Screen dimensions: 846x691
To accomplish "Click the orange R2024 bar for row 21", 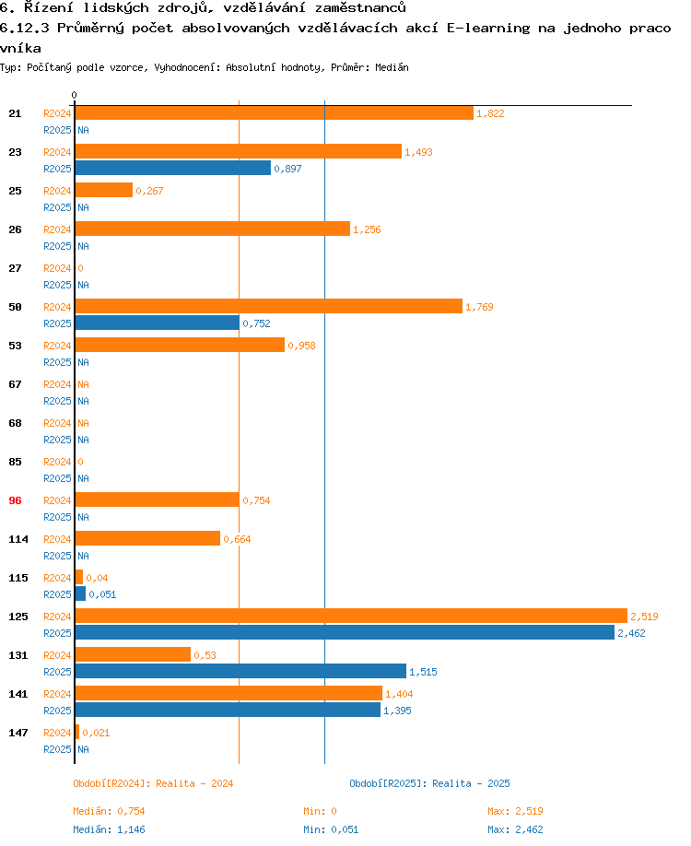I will point(274,113).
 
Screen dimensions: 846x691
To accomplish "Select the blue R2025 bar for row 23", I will point(173,168).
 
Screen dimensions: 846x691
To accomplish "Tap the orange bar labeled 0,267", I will point(104,190).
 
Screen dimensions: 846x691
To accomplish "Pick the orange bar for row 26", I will point(212,229).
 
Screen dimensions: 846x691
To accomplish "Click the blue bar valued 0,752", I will point(157,323).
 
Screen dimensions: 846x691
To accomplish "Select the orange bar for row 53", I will point(180,345).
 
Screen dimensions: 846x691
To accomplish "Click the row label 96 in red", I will point(15,500).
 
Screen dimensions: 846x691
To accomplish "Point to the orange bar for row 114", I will point(147,538).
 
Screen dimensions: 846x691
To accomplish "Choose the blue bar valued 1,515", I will point(240,671).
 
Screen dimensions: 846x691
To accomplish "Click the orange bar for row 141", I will point(228,693).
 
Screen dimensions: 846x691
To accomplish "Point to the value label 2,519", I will point(644,617).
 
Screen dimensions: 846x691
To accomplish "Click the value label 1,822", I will point(490,113).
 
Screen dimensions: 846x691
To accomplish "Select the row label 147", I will point(18,733).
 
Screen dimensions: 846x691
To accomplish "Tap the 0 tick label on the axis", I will point(74,95).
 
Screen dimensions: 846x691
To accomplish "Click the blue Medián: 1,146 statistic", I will point(109,829).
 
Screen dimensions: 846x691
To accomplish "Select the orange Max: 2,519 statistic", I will point(515,811).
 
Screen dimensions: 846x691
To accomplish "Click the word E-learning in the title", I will point(488,28).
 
